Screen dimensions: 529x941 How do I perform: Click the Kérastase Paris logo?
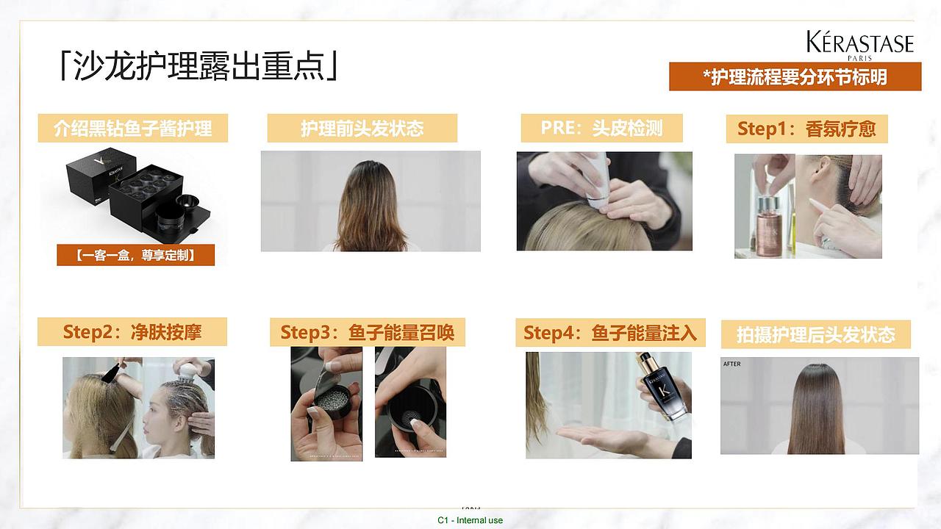point(859,45)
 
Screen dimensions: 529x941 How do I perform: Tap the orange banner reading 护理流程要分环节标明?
point(795,76)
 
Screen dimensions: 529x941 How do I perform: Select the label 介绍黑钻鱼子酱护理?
point(133,129)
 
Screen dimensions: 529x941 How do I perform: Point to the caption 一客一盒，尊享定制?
point(135,255)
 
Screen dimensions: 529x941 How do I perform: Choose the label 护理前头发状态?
point(362,129)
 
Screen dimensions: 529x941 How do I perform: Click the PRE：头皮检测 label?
point(601,128)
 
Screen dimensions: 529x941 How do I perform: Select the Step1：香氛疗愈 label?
point(806,129)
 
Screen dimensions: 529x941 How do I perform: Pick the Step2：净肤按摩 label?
point(132,332)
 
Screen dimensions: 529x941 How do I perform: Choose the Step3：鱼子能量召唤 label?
point(368,332)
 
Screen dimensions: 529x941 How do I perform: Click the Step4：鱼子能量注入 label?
point(609,333)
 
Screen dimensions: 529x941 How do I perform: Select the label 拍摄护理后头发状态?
point(816,335)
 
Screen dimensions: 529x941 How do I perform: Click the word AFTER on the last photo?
point(731,364)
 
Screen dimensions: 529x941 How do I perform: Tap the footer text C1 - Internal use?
point(470,520)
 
